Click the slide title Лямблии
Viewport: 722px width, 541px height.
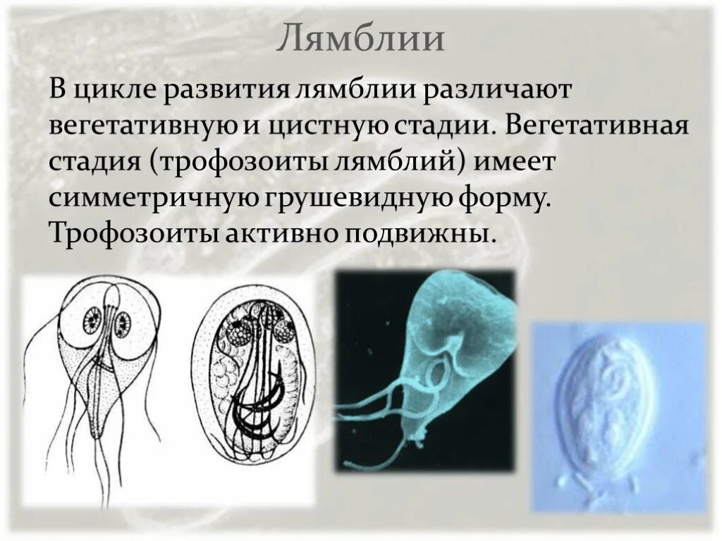click(x=360, y=39)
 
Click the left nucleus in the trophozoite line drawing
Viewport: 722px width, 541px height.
click(x=93, y=323)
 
